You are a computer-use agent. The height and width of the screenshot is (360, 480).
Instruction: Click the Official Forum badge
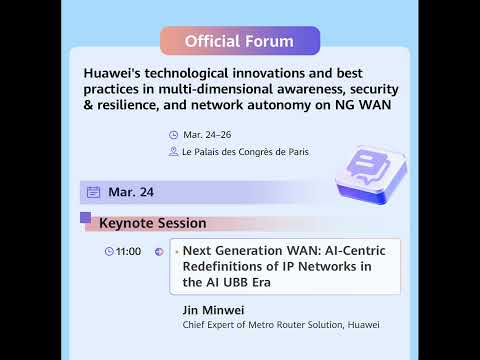click(240, 41)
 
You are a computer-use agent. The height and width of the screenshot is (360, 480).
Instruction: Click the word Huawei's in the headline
click(113, 73)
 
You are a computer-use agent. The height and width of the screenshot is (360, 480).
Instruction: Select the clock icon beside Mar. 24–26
click(174, 134)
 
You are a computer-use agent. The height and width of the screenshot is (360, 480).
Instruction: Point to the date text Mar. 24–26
click(205, 134)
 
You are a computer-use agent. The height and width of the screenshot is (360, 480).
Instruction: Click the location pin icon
click(174, 152)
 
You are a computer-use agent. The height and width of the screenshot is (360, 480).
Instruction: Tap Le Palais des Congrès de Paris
click(246, 152)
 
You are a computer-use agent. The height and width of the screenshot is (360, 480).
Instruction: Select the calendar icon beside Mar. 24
click(94, 192)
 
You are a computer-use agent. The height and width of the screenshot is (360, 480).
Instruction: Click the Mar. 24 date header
click(131, 192)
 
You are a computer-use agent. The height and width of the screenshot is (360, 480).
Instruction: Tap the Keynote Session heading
click(152, 223)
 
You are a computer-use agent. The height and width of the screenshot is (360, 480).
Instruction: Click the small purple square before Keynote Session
click(86, 217)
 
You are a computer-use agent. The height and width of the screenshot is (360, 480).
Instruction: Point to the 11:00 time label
click(129, 251)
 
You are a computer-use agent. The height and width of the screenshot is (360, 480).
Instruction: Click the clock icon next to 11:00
click(109, 251)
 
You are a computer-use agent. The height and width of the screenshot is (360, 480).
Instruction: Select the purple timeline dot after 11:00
click(159, 251)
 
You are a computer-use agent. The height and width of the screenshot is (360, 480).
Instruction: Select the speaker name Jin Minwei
click(214, 310)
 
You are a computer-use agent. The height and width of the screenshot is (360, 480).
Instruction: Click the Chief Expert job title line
click(281, 325)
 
